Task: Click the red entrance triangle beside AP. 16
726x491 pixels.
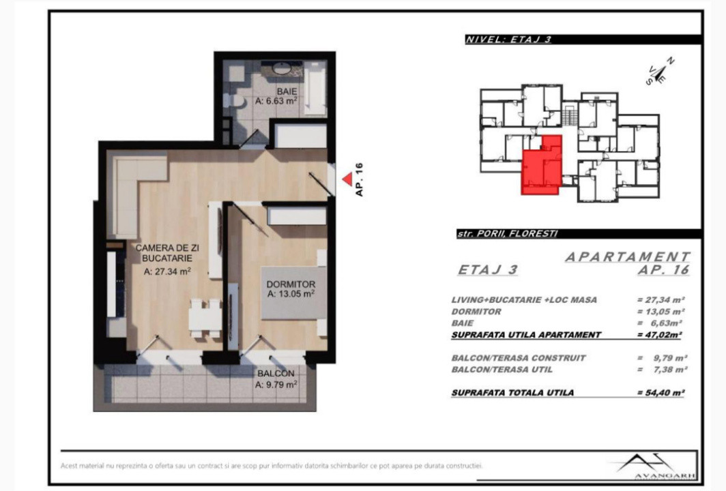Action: point(347,179)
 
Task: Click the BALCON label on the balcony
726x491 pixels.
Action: point(276,374)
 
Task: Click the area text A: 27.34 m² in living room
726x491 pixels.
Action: point(167,271)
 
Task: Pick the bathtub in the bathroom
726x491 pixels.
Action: point(315,87)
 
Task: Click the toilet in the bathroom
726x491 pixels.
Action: point(235,101)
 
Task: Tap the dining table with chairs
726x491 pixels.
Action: point(205,318)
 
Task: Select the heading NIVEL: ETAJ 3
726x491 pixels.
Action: point(508,40)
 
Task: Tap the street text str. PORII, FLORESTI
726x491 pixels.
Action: point(507,233)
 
